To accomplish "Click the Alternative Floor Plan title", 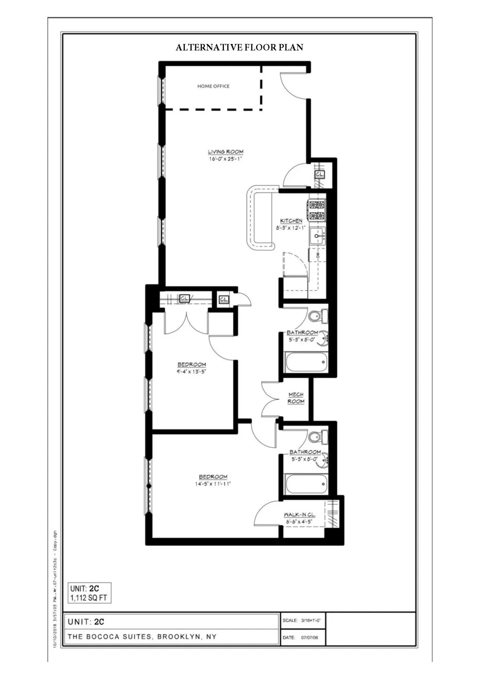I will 239,48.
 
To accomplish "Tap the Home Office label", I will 213,86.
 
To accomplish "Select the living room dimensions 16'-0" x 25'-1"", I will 225,159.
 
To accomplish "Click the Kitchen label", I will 291,221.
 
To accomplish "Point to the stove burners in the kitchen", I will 317,210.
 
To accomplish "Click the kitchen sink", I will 318,236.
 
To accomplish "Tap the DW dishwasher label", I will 318,255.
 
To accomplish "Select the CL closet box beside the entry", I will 319,175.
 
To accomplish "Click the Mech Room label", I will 296,398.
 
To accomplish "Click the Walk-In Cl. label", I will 299,515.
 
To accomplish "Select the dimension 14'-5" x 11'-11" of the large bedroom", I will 213,484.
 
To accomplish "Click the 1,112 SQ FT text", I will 89,598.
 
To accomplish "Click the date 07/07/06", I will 310,637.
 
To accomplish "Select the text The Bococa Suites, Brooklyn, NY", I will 142,637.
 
